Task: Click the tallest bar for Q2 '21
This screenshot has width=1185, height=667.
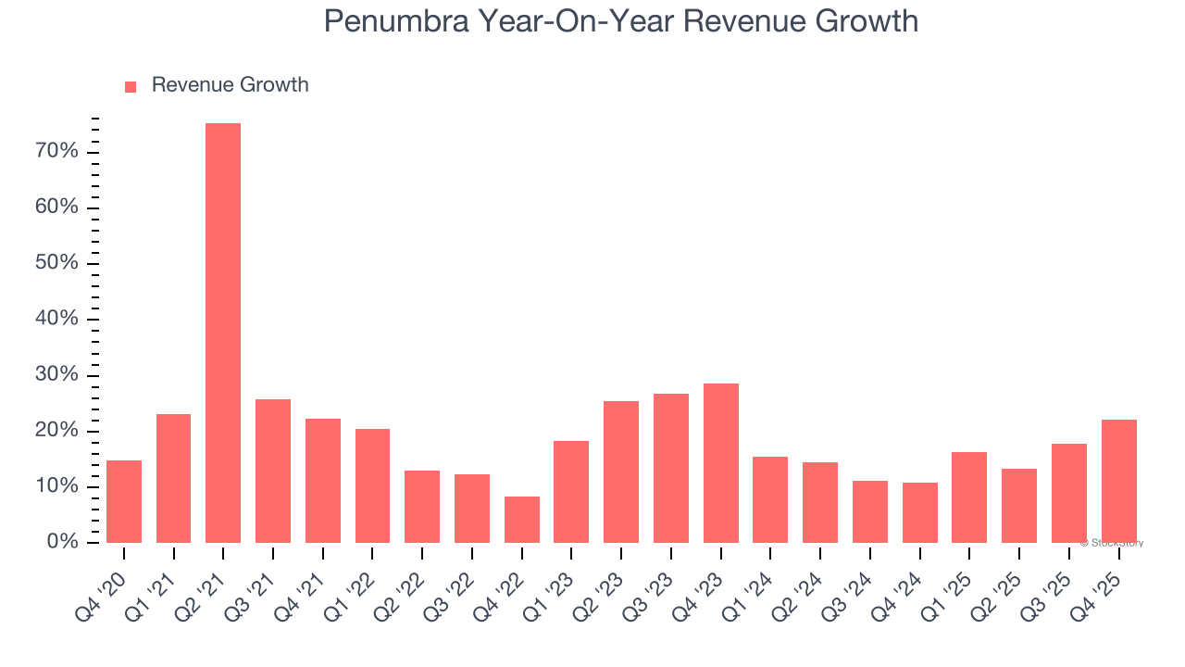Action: pos(223,333)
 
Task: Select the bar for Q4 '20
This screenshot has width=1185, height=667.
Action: pos(124,501)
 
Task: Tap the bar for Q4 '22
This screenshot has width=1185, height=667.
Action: pos(521,520)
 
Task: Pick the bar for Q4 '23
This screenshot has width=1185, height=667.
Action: pos(720,463)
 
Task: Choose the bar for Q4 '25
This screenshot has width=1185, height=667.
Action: pos(1118,481)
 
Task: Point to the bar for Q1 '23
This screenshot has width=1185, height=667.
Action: pos(571,492)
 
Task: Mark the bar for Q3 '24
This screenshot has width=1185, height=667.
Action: pos(869,511)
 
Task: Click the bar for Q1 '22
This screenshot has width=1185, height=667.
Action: pos(372,485)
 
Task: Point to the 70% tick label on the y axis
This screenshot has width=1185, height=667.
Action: pos(56,151)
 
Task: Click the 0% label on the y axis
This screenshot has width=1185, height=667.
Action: pos(62,542)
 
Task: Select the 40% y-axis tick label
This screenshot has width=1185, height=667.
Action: pos(56,319)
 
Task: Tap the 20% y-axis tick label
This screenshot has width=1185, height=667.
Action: pos(56,431)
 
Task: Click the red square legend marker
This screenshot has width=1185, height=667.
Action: pos(131,86)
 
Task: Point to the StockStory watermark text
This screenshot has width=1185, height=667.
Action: pos(1111,543)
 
